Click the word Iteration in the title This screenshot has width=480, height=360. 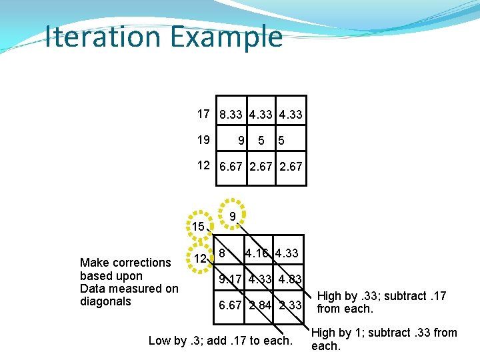pyautogui.click(x=99, y=37)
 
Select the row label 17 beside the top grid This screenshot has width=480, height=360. pyautogui.click(x=203, y=114)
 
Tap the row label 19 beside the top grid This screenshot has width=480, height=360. pyautogui.click(x=203, y=140)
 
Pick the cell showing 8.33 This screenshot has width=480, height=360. pyautogui.click(x=231, y=115)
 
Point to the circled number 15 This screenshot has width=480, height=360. pyautogui.click(x=198, y=227)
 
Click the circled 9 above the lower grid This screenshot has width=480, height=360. pyautogui.click(x=231, y=216)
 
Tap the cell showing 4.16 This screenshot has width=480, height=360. pyautogui.click(x=257, y=253)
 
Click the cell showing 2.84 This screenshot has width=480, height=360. pyautogui.click(x=261, y=305)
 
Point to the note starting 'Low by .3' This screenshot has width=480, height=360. pyautogui.click(x=220, y=341)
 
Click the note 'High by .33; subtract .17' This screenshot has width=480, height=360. pyautogui.click(x=381, y=302)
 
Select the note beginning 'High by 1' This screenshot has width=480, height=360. pyautogui.click(x=384, y=339)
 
